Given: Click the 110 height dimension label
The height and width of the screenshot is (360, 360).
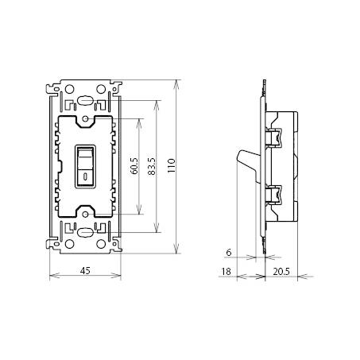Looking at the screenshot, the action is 172,165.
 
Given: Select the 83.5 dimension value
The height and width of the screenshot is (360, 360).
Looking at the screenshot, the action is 152,167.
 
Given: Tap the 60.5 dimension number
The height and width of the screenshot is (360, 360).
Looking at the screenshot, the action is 134,166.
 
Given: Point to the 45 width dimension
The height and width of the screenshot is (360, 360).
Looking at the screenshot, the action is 85,270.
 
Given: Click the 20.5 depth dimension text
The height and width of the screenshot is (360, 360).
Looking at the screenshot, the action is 281,271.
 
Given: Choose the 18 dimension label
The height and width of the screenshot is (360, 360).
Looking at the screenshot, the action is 226,271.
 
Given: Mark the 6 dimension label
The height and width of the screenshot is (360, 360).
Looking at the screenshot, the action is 229,253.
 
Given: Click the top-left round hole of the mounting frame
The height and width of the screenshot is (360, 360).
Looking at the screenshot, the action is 69,89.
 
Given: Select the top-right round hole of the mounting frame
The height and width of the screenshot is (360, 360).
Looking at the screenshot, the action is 101,89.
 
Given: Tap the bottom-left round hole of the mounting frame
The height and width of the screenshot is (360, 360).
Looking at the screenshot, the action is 69,244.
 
